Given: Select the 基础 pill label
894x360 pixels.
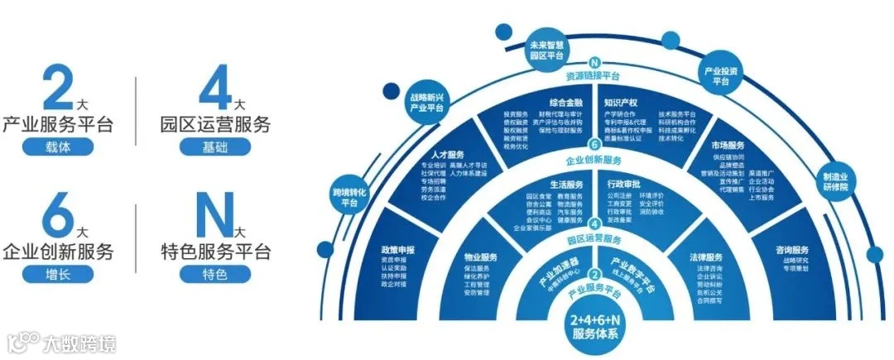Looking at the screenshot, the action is click(x=214, y=147).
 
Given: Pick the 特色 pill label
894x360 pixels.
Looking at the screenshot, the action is click(x=214, y=273).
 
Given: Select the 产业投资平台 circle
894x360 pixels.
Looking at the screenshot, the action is click(x=720, y=74).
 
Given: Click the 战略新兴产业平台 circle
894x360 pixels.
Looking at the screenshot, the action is click(x=426, y=102).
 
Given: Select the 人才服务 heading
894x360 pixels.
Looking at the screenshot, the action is click(x=448, y=155).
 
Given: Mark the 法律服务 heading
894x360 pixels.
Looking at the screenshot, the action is click(x=706, y=257).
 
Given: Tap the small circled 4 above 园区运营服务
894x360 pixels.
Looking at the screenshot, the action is click(x=594, y=223).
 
